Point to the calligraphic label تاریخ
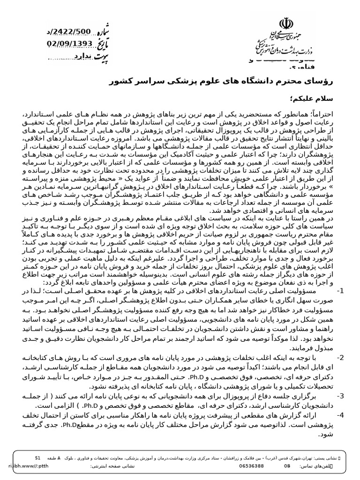pyautogui.click(x=106, y=44)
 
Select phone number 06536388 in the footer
pyautogui.click(x=251, y=466)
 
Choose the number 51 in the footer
pyautogui.click(x=38, y=457)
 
